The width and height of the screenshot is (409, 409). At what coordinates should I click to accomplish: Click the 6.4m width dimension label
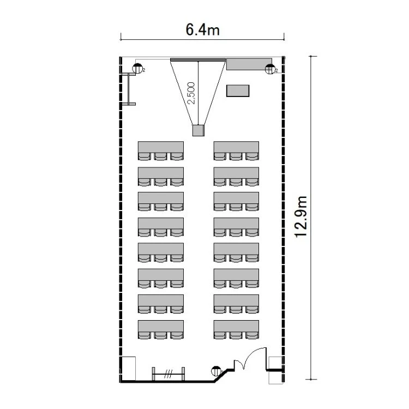[x=202, y=29]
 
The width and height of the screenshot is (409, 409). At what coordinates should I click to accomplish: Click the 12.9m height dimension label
[x=301, y=216]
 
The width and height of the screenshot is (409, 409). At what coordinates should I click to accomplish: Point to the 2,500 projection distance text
[x=191, y=93]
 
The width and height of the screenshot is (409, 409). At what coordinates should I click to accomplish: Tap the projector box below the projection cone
[x=199, y=130]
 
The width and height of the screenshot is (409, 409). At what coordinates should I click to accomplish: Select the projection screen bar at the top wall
[x=198, y=60]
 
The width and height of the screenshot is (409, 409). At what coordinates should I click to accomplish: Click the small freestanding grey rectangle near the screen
[x=238, y=91]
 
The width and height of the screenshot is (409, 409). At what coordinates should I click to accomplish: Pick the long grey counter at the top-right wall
[x=249, y=64]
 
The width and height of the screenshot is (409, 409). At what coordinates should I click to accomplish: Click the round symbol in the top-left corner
[x=138, y=68]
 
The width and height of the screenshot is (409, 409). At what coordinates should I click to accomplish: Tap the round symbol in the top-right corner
[x=270, y=69]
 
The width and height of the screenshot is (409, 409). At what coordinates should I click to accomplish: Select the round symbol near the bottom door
[x=216, y=371]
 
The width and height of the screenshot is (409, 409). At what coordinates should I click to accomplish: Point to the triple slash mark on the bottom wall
[x=169, y=374]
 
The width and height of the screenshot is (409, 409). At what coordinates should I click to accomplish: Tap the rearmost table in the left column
[x=161, y=326]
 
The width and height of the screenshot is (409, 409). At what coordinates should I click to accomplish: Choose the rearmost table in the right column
[x=236, y=326]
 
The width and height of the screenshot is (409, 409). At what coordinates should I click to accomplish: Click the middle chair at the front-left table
[x=161, y=157]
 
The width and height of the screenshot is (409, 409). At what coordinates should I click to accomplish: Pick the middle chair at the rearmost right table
[x=236, y=335]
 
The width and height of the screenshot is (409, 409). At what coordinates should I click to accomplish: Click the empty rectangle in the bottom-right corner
[x=276, y=370]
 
